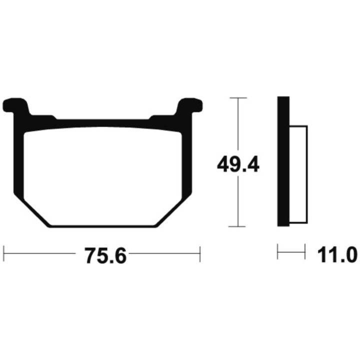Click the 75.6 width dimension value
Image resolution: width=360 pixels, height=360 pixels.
105,255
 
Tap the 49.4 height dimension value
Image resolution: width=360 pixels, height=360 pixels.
238,164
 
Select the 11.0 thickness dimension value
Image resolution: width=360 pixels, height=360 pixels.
337,255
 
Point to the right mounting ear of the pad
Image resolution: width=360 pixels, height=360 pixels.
189,105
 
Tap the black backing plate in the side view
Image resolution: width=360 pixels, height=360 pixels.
283,161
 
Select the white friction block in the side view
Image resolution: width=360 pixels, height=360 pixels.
298,174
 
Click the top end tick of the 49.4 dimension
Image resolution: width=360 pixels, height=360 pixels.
238,98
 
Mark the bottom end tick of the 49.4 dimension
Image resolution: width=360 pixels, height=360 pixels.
237,226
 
